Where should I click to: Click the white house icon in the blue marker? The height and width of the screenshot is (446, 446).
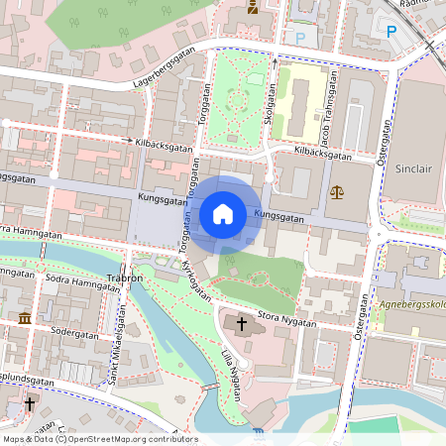[223, 214]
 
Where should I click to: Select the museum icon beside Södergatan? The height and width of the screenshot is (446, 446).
[24, 318]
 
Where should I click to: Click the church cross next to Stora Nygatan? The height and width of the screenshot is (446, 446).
[242, 324]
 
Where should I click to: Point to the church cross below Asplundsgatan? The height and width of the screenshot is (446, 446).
[30, 405]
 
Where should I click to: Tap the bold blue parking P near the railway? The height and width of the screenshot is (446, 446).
[390, 31]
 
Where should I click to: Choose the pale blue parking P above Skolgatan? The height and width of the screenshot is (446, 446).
[300, 38]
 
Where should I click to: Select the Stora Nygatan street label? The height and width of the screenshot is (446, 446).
[287, 320]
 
